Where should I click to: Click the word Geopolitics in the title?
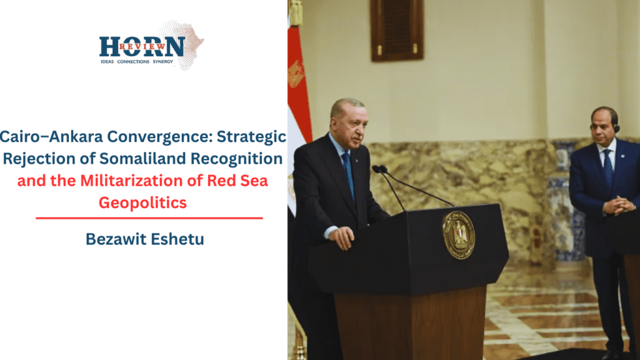(x=143, y=202)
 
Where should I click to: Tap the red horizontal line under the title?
(x=149, y=218)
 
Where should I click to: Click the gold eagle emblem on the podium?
(x=458, y=235)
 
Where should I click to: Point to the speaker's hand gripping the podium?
(x=342, y=236)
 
